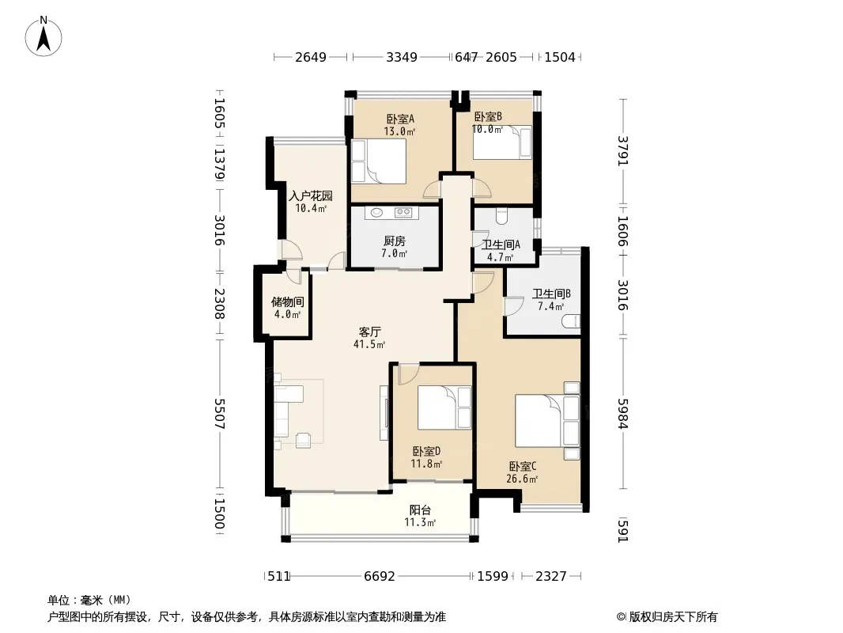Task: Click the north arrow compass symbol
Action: (43, 36)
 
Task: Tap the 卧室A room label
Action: (400, 119)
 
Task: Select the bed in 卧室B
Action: (502, 142)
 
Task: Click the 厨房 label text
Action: (395, 241)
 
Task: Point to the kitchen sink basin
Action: (377, 212)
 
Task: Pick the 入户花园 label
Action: (311, 195)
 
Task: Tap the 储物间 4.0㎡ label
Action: (287, 308)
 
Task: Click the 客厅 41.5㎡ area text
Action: (369, 338)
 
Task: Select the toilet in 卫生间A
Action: (502, 216)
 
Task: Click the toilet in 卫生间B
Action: (571, 321)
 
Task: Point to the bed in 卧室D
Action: (444, 407)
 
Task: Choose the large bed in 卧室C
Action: (547, 421)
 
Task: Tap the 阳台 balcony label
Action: (420, 510)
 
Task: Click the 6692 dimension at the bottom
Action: (380, 577)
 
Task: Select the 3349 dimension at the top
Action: (402, 57)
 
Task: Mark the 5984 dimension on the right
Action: (622, 414)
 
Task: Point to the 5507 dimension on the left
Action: (219, 414)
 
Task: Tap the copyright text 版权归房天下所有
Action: (673, 617)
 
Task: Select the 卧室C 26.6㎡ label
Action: (522, 472)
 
